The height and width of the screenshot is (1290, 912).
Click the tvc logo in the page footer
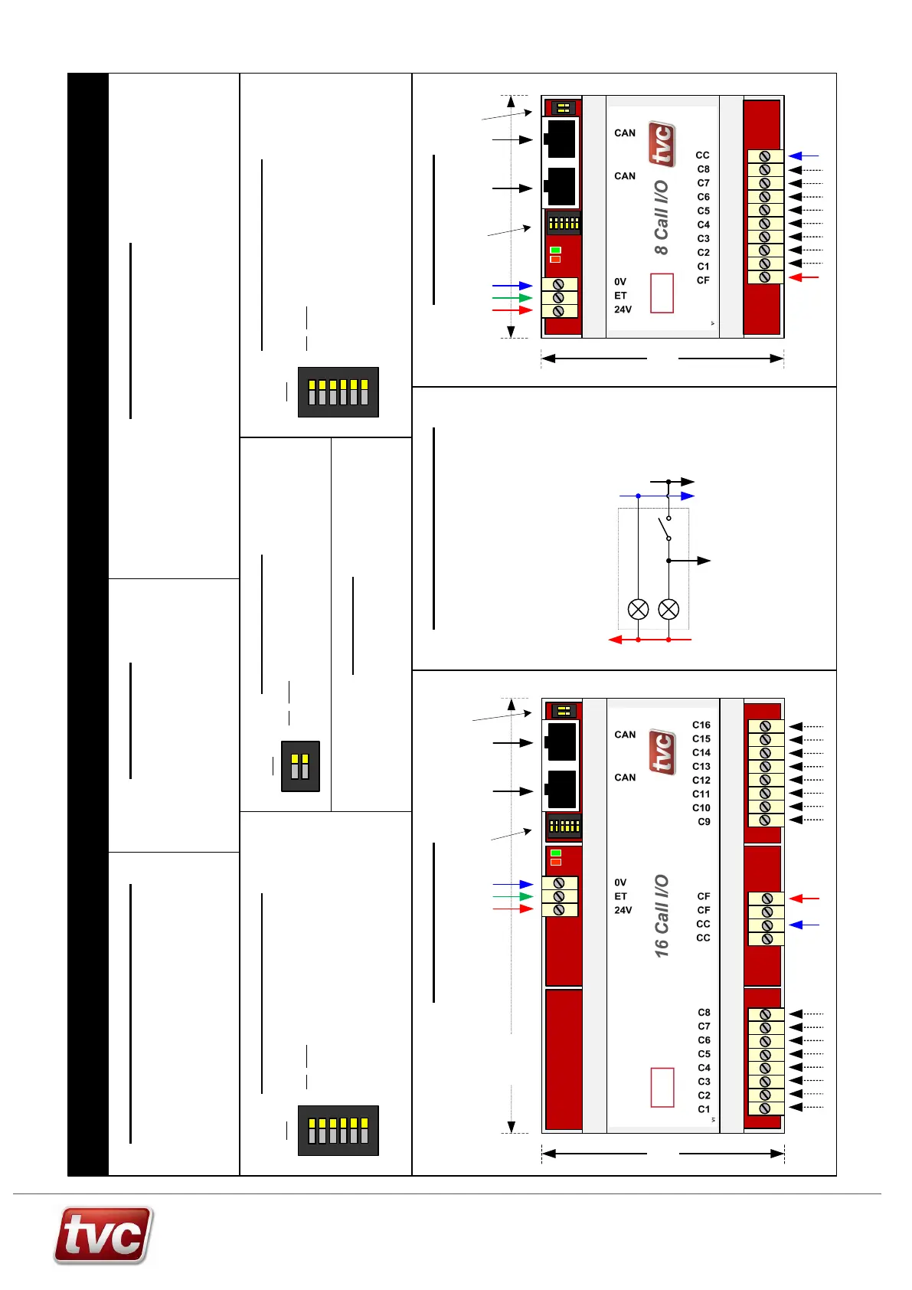[103, 1235]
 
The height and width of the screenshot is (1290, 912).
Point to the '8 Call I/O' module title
[662, 218]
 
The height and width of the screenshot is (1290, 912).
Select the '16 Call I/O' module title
[662, 915]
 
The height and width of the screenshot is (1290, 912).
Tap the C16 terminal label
[701, 725]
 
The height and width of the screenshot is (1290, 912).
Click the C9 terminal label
[704, 821]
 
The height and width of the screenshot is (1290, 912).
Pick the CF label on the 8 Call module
[703, 280]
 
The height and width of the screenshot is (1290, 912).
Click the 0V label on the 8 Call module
[620, 282]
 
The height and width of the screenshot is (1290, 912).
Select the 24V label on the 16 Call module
[623, 910]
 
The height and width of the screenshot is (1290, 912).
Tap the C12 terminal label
[701, 780]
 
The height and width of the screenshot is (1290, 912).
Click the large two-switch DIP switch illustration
[300, 766]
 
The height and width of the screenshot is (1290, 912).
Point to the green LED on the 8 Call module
[556, 250]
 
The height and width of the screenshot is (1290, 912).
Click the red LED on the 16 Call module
[556, 862]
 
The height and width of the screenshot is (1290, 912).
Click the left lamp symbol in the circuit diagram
[638, 609]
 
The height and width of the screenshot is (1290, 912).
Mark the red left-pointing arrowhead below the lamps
[615, 640]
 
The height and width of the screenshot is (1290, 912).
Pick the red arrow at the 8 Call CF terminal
[803, 277]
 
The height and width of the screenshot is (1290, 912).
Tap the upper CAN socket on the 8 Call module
[561, 139]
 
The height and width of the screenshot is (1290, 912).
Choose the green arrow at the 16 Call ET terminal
[513, 896]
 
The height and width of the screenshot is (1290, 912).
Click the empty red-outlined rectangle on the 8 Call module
[662, 293]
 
